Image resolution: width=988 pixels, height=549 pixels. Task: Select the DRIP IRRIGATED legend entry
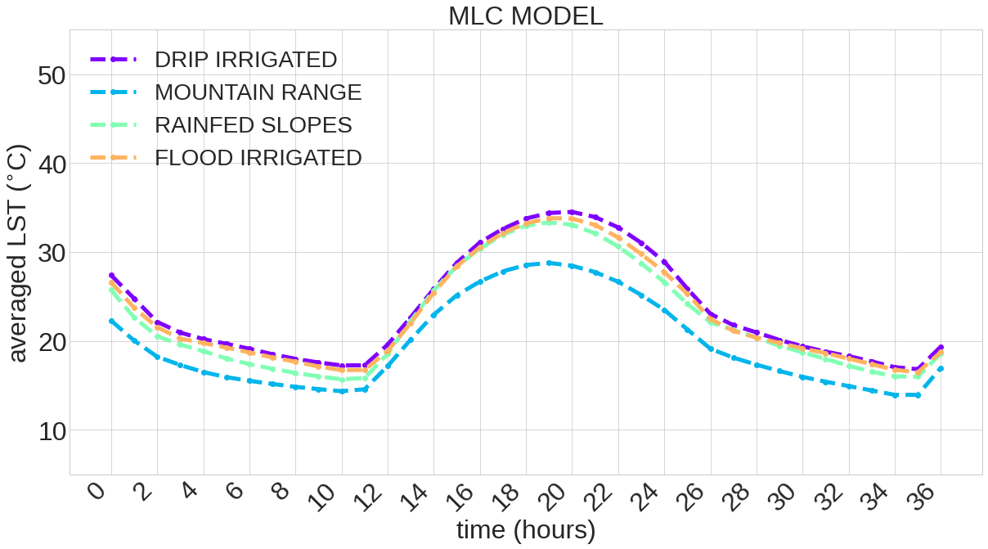point(245,60)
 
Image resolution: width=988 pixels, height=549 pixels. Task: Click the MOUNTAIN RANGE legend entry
point(258,92)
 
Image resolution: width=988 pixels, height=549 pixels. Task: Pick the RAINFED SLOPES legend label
point(253,125)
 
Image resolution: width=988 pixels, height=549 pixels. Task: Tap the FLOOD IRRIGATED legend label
point(258,158)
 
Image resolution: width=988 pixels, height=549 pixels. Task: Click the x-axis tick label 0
point(98,491)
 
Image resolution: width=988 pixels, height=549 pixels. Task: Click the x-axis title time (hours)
point(525,530)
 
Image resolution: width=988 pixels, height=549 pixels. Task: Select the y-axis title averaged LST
point(18,253)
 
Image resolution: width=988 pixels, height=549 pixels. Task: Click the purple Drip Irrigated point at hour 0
point(111,276)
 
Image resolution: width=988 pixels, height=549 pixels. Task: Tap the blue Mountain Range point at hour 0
point(111,321)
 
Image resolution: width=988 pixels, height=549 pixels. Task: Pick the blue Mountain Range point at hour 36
point(941,369)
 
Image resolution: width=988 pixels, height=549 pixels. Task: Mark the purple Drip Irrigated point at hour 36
point(941,348)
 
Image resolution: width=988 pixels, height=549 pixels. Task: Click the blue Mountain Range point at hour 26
point(711,349)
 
